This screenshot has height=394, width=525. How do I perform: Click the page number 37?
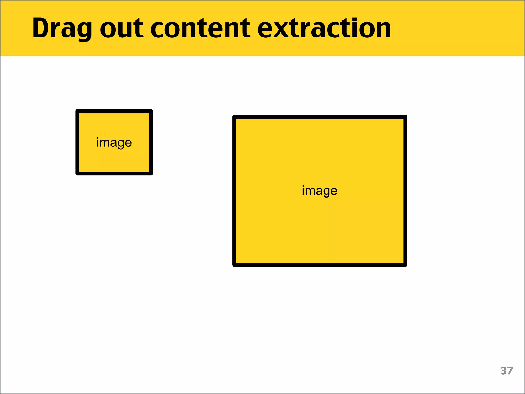tap(507, 371)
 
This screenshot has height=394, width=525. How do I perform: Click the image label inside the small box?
tap(114, 143)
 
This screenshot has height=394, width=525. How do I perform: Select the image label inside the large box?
tap(320, 191)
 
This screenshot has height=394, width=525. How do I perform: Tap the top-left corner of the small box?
tap(77, 111)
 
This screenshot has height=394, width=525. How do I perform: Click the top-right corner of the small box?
tap(151, 111)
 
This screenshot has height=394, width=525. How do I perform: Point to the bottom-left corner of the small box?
tap(77, 174)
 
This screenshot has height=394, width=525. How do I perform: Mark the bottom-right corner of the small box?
tap(151, 174)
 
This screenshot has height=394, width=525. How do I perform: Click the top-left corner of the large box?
tap(234, 117)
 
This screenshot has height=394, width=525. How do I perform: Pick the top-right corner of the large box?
tap(406, 117)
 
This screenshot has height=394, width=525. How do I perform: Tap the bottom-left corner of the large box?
tap(234, 265)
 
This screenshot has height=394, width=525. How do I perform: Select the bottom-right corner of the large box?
tap(406, 265)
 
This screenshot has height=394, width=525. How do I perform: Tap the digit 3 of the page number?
tap(503, 371)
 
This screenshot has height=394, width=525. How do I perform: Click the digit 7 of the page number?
tap(510, 371)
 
